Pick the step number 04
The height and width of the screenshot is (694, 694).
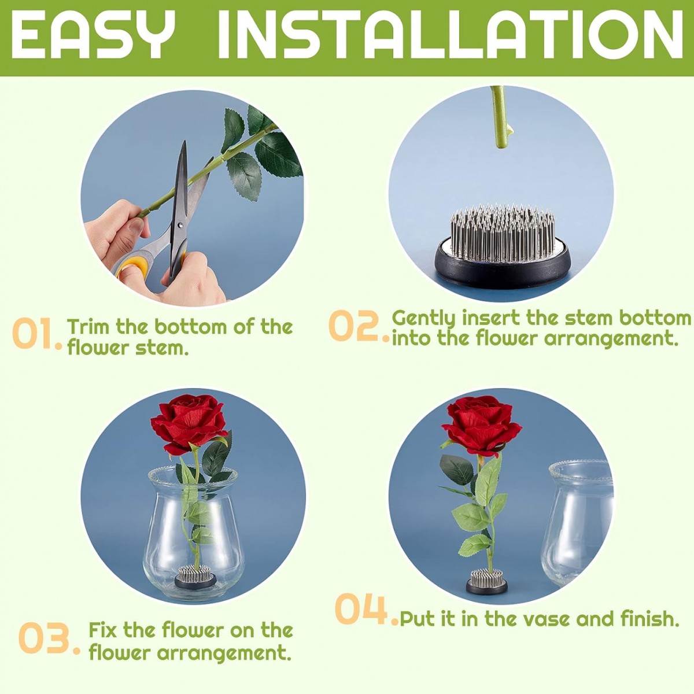(x=366, y=610)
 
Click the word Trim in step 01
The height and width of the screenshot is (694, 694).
(x=90, y=326)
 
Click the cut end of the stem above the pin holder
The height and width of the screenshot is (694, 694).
(x=501, y=145)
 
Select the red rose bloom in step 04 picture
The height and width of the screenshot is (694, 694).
(x=482, y=425)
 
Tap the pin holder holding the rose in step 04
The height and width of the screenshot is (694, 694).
(x=487, y=581)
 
